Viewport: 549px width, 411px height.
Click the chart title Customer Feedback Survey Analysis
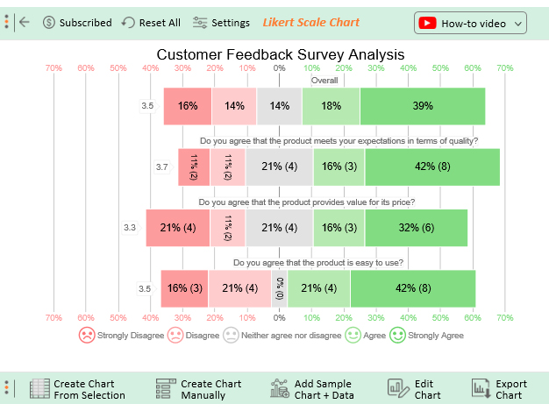(280, 54)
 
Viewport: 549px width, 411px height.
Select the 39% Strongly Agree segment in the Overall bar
(423, 106)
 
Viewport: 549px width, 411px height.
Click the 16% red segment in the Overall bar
(188, 106)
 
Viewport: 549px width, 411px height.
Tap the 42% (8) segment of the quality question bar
(432, 167)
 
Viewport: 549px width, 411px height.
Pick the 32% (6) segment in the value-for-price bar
(417, 228)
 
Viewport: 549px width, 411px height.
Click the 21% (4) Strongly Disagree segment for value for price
(178, 228)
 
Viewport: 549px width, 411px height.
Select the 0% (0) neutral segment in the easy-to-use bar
(280, 288)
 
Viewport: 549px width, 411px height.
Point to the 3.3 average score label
(130, 228)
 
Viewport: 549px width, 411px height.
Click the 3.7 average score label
(162, 167)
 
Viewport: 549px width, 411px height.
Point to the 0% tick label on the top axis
(280, 67)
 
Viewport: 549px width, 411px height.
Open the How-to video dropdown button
(470, 23)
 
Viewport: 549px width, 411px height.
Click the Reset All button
(151, 23)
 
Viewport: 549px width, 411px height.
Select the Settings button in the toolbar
(221, 23)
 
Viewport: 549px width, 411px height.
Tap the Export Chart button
(499, 389)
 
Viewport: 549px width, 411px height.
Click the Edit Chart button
(415, 389)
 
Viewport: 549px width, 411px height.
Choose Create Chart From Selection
(78, 389)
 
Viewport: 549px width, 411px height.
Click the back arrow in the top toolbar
(24, 22)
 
